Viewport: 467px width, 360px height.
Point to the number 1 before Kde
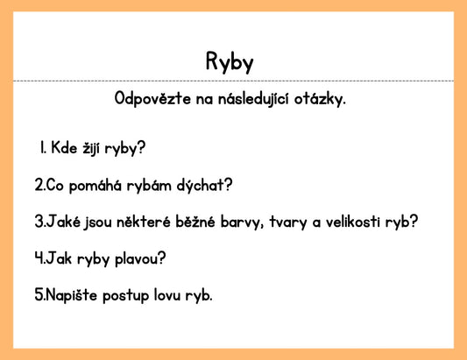coord(42,147)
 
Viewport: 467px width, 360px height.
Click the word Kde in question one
coord(64,147)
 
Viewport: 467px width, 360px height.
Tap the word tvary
coord(287,222)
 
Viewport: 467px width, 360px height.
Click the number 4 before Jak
coord(39,259)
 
